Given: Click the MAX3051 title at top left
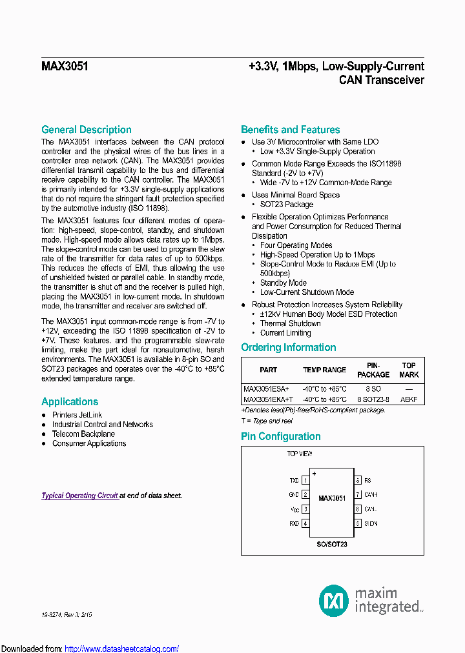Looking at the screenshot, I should pos(65,66).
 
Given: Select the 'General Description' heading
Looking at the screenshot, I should pos(86,130).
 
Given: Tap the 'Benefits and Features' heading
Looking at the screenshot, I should pos(290,130).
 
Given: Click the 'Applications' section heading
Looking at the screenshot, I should pos(70,401).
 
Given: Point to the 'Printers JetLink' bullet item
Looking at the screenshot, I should pos(77,415).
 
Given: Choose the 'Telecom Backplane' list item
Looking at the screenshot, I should pos(83,434).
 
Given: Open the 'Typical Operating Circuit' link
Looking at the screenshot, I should pos(79,496).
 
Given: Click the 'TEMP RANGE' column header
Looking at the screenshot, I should pos(324,370).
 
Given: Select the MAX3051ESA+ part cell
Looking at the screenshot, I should pos(267,389).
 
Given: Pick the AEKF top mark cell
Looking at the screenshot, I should pos(409,399).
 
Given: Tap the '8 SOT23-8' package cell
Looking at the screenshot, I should pos(373,399).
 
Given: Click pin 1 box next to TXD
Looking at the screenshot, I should pos(305,481).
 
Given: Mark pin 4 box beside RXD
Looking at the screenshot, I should pos(305,523).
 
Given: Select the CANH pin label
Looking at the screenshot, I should pos(371,495).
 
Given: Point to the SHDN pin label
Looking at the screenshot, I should pos(371,523).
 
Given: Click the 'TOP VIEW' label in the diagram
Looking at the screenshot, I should pos(300,454).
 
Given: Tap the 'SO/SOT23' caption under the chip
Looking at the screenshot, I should pos(331,544).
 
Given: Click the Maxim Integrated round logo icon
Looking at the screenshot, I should pos(334,601).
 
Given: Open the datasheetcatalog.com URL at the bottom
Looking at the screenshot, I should pos(122,648).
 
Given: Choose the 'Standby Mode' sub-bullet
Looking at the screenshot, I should pos(283,283).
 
